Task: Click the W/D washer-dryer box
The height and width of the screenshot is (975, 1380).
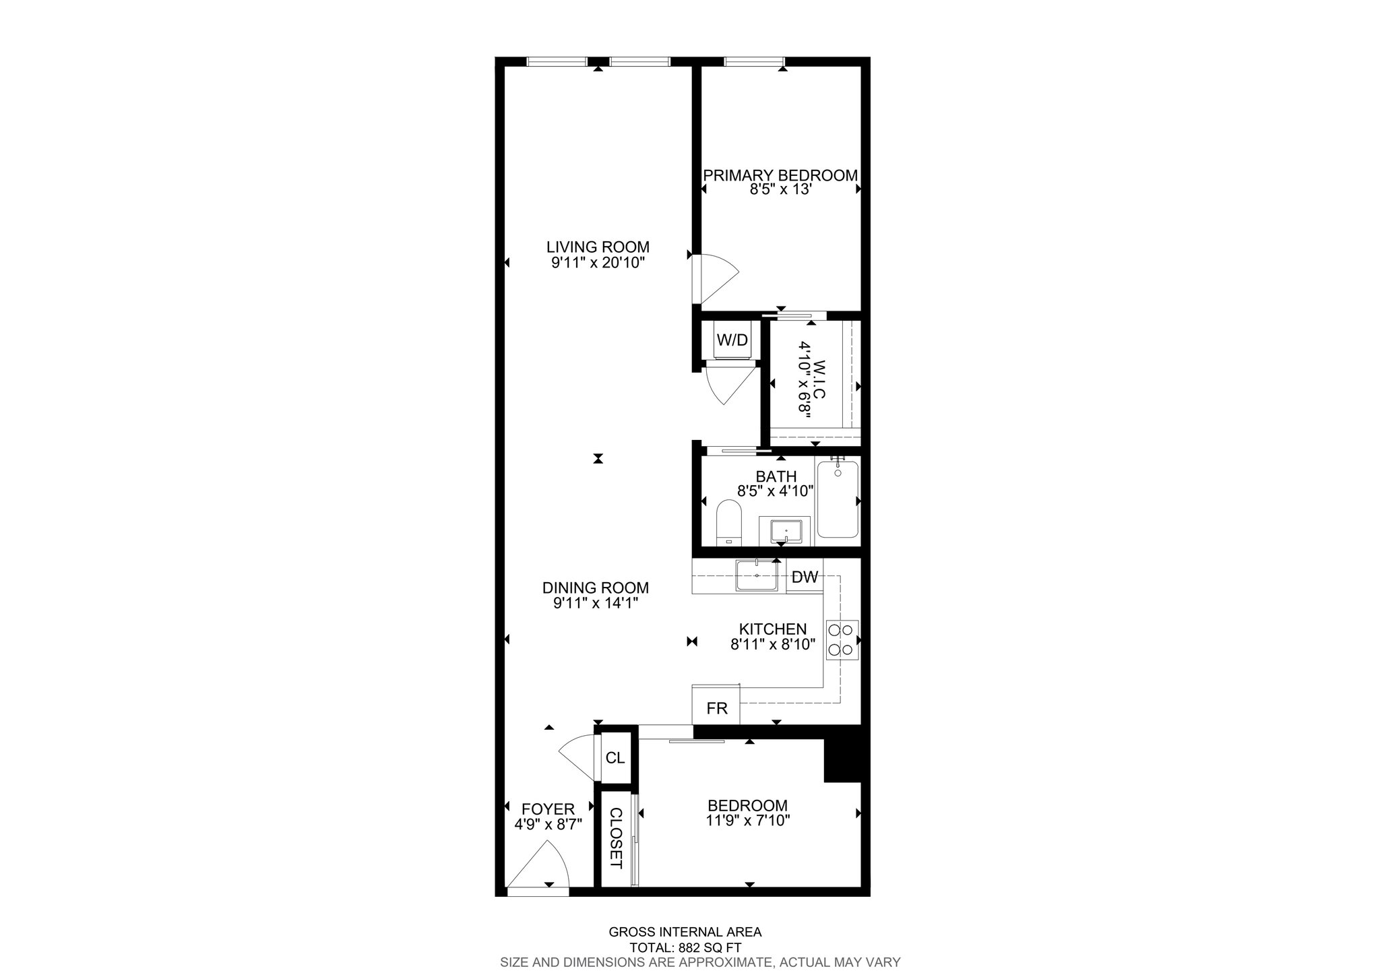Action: click(732, 340)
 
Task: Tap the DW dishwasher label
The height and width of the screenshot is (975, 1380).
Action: click(805, 577)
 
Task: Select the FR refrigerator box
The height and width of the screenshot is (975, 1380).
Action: click(716, 709)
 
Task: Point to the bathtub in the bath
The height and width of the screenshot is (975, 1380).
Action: click(838, 499)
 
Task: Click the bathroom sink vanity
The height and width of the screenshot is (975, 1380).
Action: click(784, 532)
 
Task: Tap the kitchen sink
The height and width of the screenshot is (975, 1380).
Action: click(757, 575)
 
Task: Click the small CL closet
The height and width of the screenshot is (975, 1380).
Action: click(615, 757)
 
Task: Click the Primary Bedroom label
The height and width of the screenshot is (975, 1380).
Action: click(780, 176)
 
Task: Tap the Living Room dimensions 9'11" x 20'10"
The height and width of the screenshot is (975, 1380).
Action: click(598, 263)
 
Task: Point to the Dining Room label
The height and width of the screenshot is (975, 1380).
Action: click(596, 588)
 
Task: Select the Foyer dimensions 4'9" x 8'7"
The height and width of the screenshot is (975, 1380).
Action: click(548, 823)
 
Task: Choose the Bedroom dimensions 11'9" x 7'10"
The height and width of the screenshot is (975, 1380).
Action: click(747, 821)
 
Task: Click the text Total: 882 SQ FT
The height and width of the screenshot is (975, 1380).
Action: click(686, 947)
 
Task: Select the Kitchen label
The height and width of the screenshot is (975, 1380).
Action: click(773, 629)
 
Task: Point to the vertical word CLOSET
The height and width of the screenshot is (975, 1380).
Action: click(615, 838)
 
